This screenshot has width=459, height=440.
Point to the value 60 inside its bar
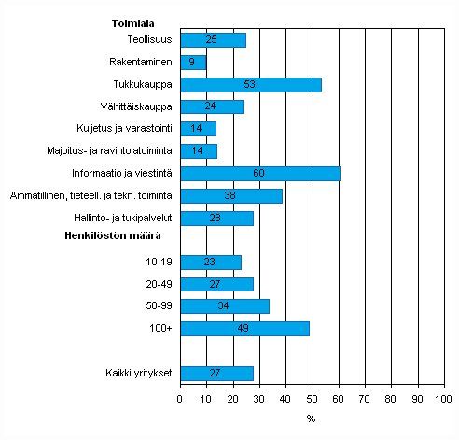coord(258,173)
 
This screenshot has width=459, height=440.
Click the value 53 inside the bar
coord(250,84)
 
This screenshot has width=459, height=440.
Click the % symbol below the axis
coord(311,419)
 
